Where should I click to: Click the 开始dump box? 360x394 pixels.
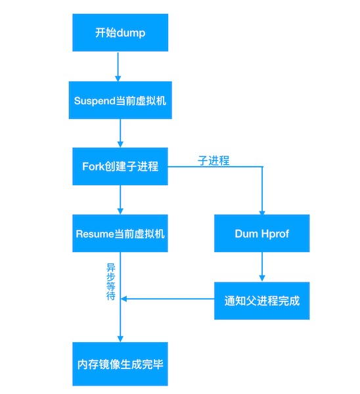click(120, 33)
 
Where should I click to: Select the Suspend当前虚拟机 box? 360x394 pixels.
click(120, 100)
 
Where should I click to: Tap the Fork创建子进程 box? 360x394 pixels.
click(120, 166)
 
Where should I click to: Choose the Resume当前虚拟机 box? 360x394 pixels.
click(120, 233)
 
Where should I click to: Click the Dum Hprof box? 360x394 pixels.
click(261, 233)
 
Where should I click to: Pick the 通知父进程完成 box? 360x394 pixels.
click(261, 301)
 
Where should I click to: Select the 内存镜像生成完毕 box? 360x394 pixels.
click(120, 364)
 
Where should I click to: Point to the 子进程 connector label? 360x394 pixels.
click(214, 160)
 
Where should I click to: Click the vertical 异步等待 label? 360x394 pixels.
click(111, 282)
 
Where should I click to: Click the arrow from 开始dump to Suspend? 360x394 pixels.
click(118, 66)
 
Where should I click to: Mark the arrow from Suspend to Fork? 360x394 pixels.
click(120, 133)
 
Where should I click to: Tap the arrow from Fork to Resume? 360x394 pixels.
click(120, 200)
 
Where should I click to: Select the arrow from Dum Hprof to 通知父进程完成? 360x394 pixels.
click(262, 267)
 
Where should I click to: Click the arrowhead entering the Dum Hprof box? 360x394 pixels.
click(262, 213)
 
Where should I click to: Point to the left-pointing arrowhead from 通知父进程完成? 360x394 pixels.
click(124, 299)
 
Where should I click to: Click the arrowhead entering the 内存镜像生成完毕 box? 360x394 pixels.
click(120, 339)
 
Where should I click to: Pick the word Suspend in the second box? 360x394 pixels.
click(95, 101)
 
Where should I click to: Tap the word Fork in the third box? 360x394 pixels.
click(93, 166)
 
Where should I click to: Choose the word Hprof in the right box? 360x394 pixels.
click(275, 234)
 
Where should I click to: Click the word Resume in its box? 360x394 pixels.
click(95, 234)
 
